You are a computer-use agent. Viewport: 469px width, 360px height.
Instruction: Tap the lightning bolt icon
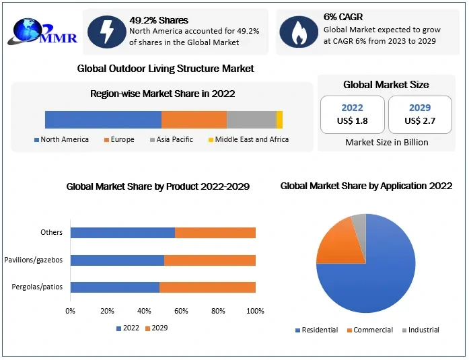(106, 30)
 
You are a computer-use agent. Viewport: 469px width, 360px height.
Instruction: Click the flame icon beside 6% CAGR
(297, 30)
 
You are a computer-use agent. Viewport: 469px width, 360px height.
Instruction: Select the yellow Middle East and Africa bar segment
(279, 119)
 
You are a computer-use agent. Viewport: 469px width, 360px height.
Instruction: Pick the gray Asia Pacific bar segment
(251, 119)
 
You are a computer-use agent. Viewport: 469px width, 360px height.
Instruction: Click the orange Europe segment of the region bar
(194, 119)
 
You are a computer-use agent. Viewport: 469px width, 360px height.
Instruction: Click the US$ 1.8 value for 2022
(352, 120)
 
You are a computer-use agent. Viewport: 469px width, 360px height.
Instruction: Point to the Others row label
(51, 233)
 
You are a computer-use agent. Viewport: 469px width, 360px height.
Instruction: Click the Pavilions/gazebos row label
(34, 260)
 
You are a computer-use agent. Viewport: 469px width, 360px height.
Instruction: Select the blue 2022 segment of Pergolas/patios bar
(114, 287)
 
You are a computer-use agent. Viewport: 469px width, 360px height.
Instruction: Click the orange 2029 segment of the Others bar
(215, 233)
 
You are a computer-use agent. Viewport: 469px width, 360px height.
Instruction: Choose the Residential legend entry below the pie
(318, 330)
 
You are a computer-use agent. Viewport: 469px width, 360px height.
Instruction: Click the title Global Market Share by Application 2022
(365, 186)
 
